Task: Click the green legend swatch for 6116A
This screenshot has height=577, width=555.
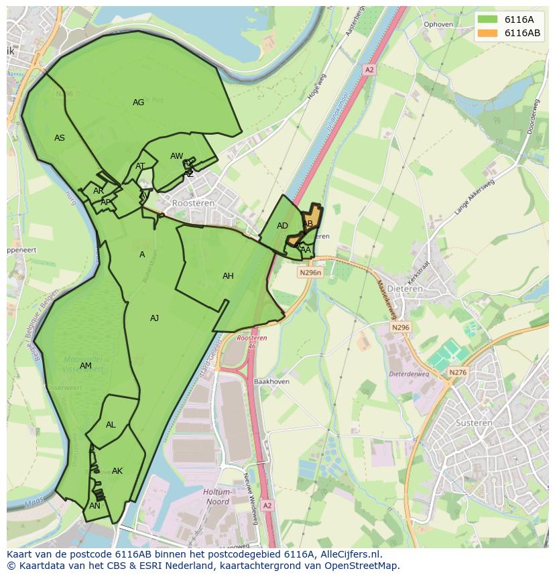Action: (x=488, y=19)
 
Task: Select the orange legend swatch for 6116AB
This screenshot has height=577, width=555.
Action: (x=488, y=33)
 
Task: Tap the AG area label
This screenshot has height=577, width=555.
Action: (x=138, y=103)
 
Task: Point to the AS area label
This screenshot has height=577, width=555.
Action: (x=60, y=138)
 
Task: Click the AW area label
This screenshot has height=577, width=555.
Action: (x=176, y=156)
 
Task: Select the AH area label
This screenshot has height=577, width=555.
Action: (x=228, y=276)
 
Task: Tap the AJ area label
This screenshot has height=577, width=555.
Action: (x=154, y=318)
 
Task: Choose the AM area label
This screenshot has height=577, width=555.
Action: (x=85, y=366)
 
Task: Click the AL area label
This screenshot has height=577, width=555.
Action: (x=111, y=425)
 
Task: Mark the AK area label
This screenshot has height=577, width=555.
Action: (x=117, y=471)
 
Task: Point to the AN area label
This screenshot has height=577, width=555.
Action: (x=95, y=506)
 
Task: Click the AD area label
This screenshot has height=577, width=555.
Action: (x=282, y=226)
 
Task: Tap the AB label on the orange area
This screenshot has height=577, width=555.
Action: (x=308, y=224)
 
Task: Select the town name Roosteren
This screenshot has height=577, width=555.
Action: (x=193, y=202)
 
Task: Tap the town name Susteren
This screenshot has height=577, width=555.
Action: (x=474, y=423)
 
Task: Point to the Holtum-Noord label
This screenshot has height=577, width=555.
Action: (x=216, y=497)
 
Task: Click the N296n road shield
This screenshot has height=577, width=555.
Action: (x=310, y=273)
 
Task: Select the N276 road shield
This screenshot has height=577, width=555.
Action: (x=458, y=373)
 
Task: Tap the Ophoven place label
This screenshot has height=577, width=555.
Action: (x=438, y=24)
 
